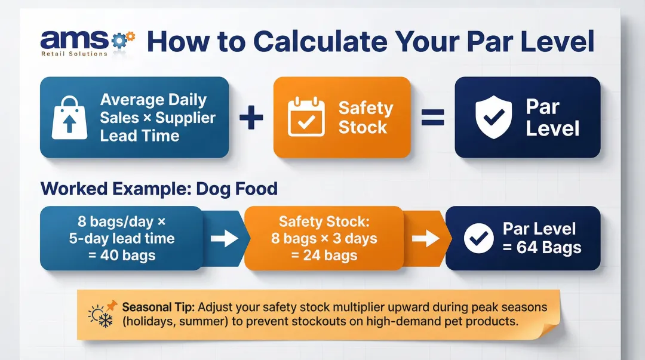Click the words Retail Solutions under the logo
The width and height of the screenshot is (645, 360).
click(73, 54)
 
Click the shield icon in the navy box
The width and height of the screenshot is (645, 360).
click(493, 117)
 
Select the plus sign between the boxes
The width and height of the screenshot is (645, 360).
click(251, 117)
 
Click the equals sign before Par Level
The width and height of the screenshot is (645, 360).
click(432, 117)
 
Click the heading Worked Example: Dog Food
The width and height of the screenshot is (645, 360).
click(159, 189)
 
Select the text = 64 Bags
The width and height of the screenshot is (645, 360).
click(541, 248)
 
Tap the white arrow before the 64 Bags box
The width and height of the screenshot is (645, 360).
click(425, 239)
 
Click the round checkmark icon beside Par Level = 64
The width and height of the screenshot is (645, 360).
click(479, 239)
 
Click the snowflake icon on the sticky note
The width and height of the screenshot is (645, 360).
click(106, 321)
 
